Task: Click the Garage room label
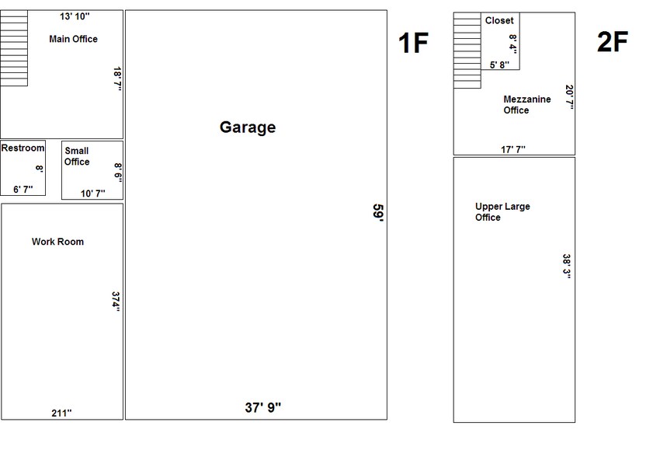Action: click(x=248, y=127)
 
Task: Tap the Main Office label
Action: click(x=74, y=39)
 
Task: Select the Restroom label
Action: click(x=23, y=148)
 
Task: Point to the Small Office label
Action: click(x=77, y=156)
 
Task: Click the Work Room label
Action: click(x=57, y=242)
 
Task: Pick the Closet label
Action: click(x=499, y=21)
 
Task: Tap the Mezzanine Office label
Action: click(x=526, y=105)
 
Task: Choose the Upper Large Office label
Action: click(x=502, y=212)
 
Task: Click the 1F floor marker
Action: click(x=412, y=43)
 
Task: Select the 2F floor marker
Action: click(x=611, y=43)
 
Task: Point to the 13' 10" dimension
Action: click(x=75, y=16)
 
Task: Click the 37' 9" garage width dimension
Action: click(x=263, y=407)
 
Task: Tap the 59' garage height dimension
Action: click(x=378, y=214)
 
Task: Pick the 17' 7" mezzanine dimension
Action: click(x=513, y=148)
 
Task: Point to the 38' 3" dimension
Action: click(x=567, y=266)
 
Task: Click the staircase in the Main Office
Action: click(x=14, y=48)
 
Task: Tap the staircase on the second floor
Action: click(x=467, y=51)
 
